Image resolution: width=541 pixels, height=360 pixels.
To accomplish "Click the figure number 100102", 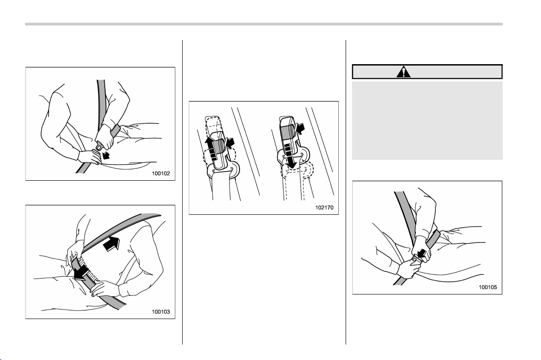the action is click(161, 173).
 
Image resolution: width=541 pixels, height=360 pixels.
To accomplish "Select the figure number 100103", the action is click(161, 312).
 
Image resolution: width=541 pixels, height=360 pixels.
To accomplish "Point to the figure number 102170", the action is click(324, 208).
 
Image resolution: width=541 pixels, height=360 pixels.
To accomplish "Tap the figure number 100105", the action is click(488, 287).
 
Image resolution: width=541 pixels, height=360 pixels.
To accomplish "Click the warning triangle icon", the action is click(403, 72).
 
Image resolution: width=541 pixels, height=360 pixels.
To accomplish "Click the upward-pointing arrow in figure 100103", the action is click(112, 244).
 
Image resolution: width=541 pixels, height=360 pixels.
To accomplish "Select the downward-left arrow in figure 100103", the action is click(82, 272).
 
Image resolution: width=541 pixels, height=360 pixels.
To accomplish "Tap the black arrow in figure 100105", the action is click(421, 254).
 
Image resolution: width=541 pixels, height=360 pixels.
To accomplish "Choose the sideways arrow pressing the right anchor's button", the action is click(301, 129).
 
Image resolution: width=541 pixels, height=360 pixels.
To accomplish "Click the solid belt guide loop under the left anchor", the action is click(223, 170).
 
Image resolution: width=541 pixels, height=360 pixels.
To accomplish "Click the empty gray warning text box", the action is click(427, 120).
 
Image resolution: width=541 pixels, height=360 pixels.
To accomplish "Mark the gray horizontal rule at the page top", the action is click(264, 24).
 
